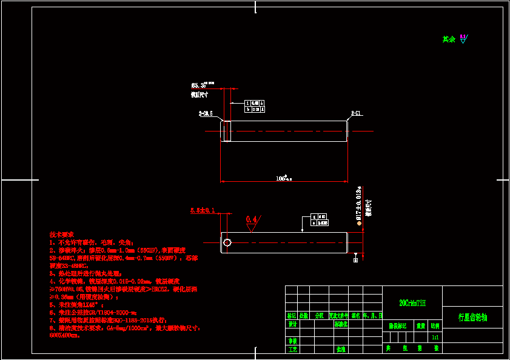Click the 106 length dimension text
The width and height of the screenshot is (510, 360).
point(283,179)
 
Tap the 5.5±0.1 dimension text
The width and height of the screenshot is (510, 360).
point(203,210)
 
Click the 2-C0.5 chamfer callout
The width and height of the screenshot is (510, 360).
point(206,113)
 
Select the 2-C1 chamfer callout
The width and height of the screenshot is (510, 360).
point(357,113)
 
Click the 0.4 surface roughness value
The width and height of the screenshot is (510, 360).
point(252,219)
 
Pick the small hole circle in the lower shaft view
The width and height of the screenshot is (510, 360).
point(227,243)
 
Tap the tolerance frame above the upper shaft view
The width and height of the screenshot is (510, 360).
point(255,107)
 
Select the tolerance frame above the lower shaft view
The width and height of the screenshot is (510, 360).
point(319,219)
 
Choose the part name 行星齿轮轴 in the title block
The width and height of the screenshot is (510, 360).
point(473,317)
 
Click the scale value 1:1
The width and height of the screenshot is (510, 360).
point(435,337)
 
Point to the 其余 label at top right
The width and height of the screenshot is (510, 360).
point(449,39)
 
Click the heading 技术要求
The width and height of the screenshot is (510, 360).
point(61,234)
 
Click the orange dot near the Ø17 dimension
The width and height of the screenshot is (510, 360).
point(359,223)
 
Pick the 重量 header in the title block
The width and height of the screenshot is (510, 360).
point(420,325)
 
